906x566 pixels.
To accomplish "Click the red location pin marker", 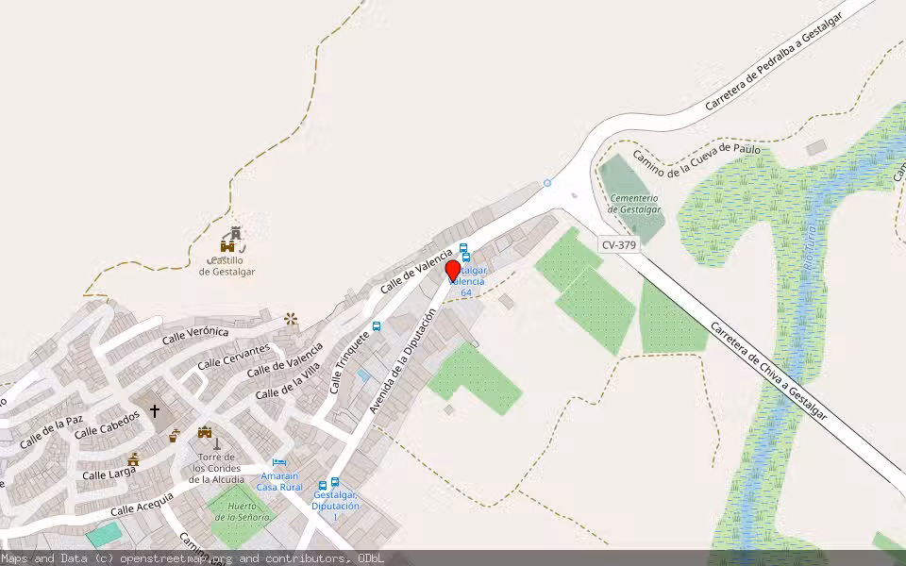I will click(x=453, y=270).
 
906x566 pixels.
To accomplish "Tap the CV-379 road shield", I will click(x=619, y=245).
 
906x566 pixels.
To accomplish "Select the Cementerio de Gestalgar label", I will click(x=634, y=204).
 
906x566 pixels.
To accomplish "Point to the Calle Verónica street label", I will click(x=195, y=335).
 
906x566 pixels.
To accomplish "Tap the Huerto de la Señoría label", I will click(x=242, y=511).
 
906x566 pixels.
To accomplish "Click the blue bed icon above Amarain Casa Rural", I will click(x=278, y=463).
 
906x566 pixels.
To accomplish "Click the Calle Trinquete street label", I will click(x=350, y=362).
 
